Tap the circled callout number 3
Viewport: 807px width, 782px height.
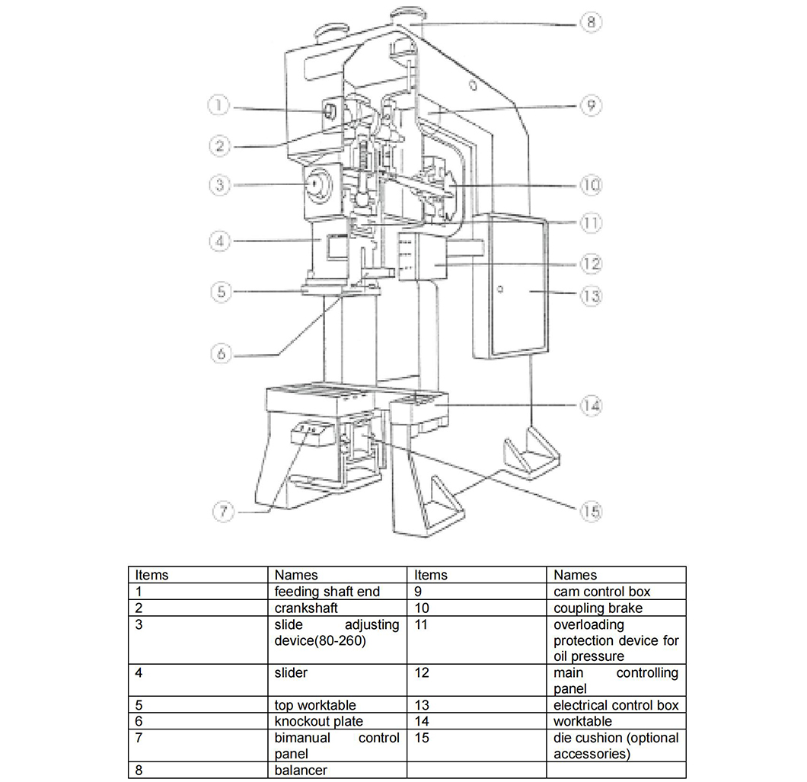(x=218, y=185)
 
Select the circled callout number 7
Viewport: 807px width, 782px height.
(x=222, y=511)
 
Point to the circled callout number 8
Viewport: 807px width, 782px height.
(x=591, y=22)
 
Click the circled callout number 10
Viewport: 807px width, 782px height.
(x=592, y=185)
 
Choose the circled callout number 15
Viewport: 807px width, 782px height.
(x=591, y=511)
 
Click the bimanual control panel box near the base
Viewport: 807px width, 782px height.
(x=310, y=434)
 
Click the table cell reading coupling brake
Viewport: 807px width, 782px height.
(x=598, y=608)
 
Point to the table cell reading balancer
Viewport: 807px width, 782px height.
(x=301, y=770)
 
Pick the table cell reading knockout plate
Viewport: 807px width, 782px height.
(x=318, y=721)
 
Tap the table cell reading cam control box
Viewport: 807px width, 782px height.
(x=601, y=592)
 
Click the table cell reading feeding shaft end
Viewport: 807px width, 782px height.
(x=327, y=592)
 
